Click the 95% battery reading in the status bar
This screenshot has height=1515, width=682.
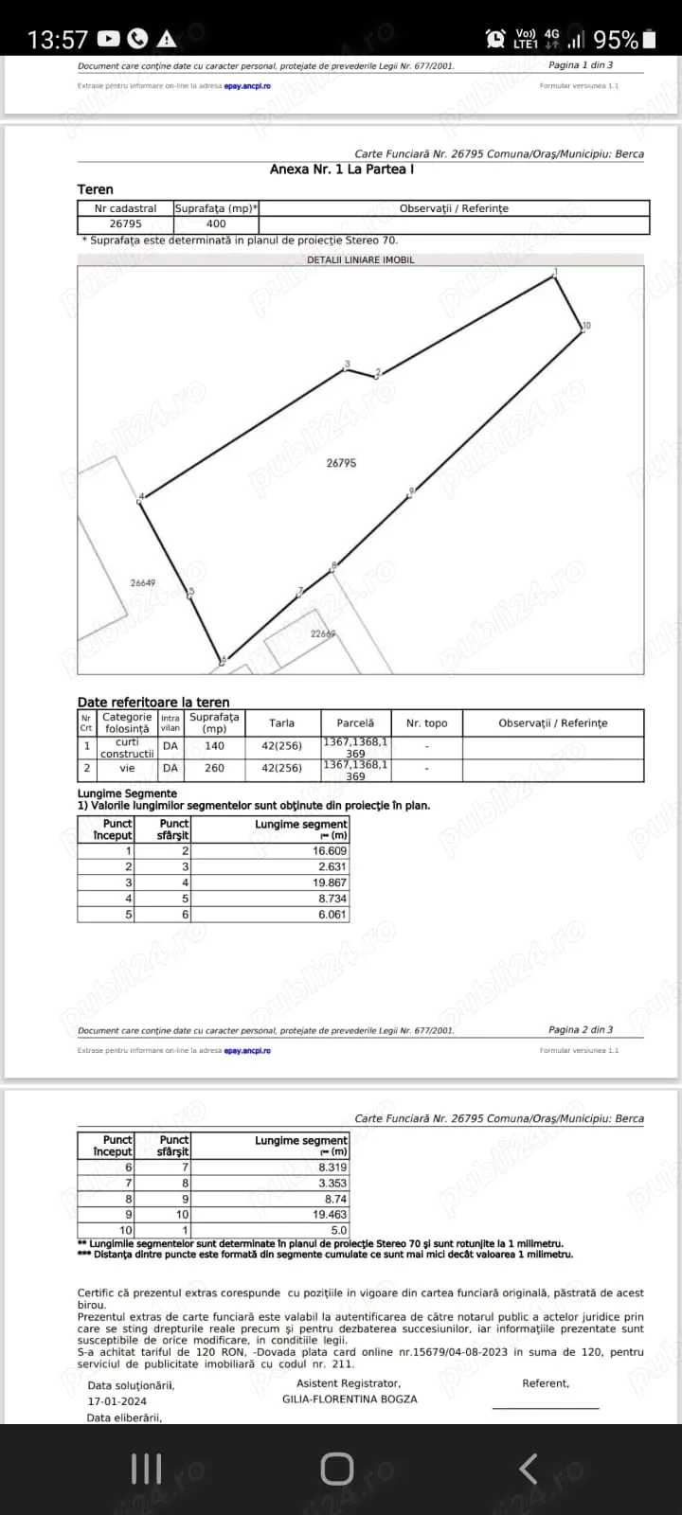point(616,40)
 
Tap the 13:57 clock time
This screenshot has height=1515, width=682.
point(58,40)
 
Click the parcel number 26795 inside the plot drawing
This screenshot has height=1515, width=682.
point(341,463)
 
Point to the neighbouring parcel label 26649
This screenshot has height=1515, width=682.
point(143,583)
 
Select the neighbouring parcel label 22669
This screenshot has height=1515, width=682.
point(323,633)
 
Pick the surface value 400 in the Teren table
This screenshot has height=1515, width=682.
point(216,224)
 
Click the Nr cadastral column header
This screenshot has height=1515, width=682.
point(125,208)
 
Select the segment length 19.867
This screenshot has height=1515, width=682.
point(330,882)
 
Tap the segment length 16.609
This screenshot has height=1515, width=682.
point(330,851)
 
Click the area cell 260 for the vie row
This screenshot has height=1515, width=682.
point(215,768)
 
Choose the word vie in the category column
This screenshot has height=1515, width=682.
point(127,768)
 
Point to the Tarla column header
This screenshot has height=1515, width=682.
point(281,722)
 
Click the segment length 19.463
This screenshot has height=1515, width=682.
point(330,1214)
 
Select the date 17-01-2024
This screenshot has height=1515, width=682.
point(117,1401)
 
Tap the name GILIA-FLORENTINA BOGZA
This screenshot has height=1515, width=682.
point(350,1399)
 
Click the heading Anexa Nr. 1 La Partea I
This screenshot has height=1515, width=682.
point(342,169)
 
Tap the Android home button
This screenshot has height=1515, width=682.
point(337,1469)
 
